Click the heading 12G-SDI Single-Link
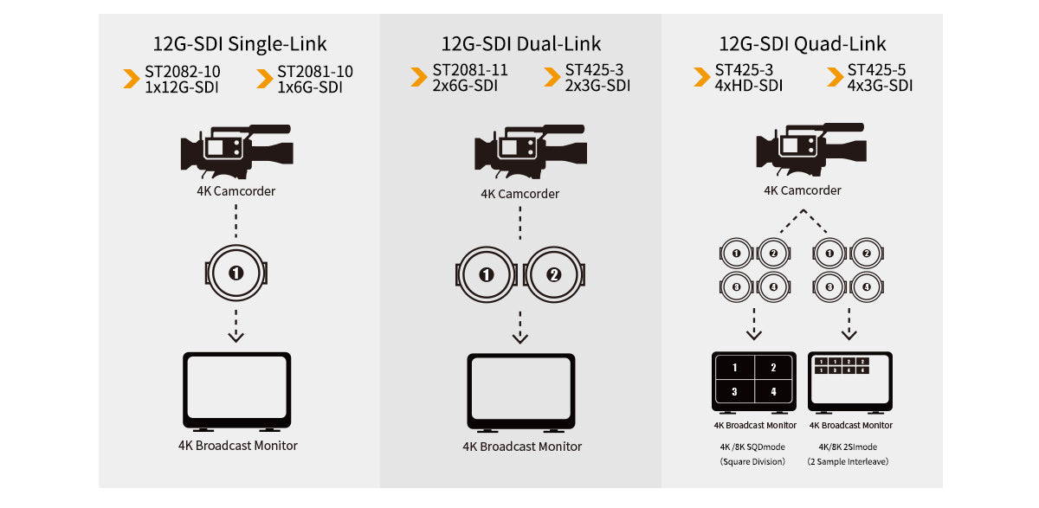(240, 44)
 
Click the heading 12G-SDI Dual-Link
(521, 44)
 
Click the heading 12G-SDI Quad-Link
(803, 44)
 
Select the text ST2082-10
(183, 71)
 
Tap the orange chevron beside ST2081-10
(264, 79)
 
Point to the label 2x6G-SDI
(465, 86)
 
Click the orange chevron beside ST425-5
(835, 77)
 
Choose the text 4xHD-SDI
(748, 86)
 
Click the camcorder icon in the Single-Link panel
(236, 151)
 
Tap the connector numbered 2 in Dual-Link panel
(554, 275)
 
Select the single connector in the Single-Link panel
(236, 273)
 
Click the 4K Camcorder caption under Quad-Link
(803, 190)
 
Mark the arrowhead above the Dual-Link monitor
(520, 338)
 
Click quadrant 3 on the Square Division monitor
(735, 392)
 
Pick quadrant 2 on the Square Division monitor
(773, 368)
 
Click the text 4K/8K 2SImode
(848, 447)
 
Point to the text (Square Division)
(752, 461)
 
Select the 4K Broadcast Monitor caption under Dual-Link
(522, 447)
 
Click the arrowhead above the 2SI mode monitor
(849, 334)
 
